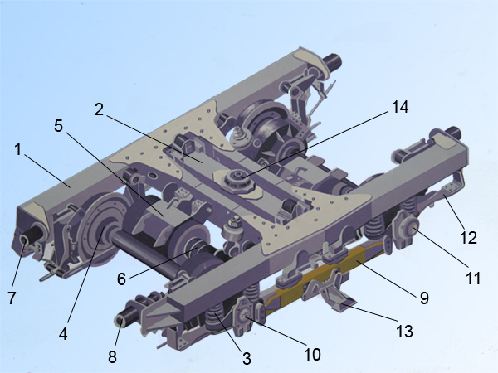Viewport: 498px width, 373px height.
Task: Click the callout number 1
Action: coord(18,149)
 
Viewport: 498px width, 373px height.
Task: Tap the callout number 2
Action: coord(100,109)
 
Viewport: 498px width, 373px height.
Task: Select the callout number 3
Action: coord(247,358)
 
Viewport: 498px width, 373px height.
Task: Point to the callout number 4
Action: coord(63,334)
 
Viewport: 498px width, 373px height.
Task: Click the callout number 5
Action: coord(58,126)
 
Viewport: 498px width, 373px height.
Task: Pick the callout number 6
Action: coord(122,279)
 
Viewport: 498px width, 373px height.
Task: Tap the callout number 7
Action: coord(12,298)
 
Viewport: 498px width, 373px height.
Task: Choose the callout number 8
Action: coord(112,356)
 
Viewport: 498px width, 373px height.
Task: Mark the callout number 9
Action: coord(424,298)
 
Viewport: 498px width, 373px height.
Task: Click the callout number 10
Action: coord(312,354)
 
